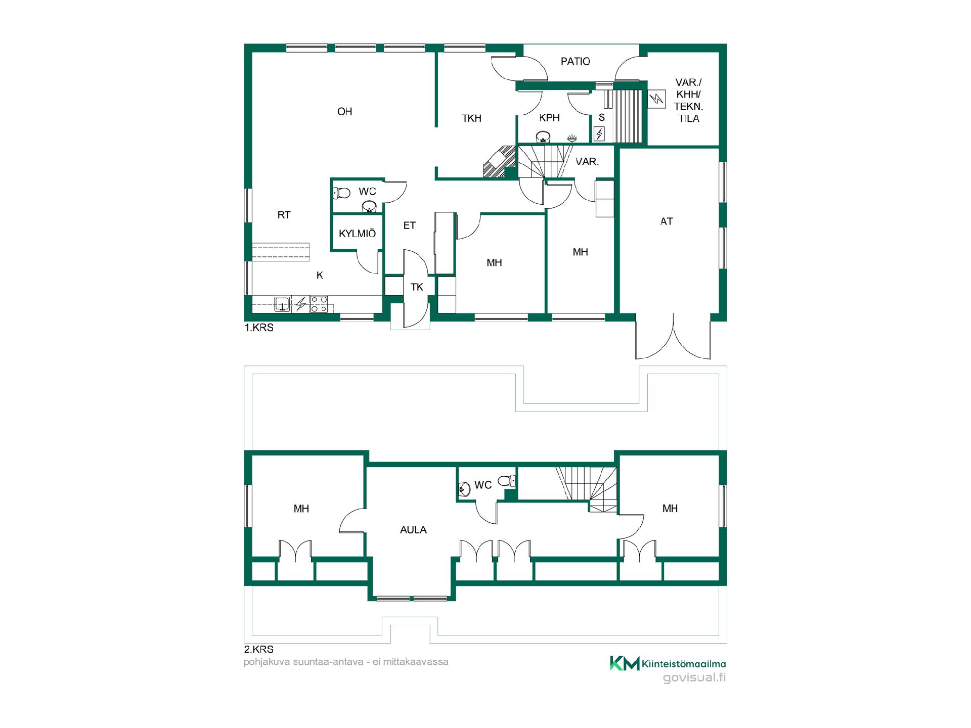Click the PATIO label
coord(575,62)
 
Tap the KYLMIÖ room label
coord(357,234)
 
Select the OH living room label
coord(344,112)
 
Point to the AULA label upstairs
coord(413,530)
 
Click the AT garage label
coord(667,221)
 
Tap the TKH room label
coord(471,118)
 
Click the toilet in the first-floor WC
coord(342,193)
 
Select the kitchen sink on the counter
coord(282,304)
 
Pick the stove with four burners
coord(319,304)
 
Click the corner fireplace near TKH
coord(499,162)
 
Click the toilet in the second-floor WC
coord(507,481)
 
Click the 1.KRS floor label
coord(259,328)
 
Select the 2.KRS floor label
coord(258,650)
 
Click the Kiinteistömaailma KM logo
coord(668,663)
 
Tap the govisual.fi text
coord(694,678)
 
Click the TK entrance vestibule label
coord(417,287)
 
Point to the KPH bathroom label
coord(549,118)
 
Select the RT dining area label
coord(284,215)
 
